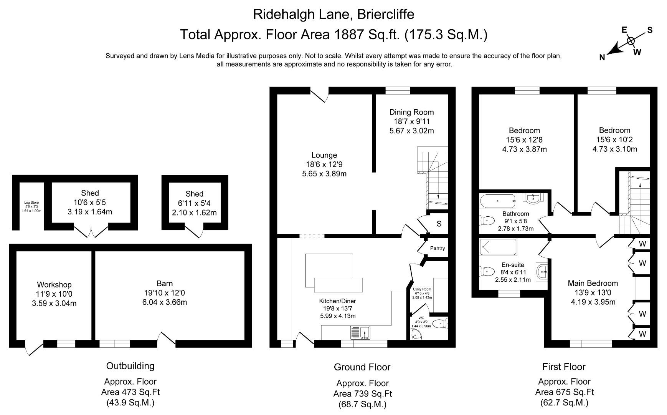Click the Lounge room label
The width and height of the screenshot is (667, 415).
click(x=324, y=155)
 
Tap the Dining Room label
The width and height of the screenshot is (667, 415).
click(x=411, y=112)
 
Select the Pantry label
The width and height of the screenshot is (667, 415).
click(x=437, y=248)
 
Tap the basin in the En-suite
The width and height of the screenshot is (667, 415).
click(x=542, y=271)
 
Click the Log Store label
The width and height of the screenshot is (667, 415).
click(x=31, y=203)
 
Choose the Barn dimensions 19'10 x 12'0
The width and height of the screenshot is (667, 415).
click(x=165, y=293)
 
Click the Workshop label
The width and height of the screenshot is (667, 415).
click(x=54, y=285)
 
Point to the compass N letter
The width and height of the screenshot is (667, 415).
click(x=602, y=58)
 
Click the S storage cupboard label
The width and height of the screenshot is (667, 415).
click(x=439, y=224)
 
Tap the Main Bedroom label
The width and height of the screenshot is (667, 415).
click(x=593, y=283)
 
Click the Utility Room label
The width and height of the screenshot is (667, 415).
click(x=422, y=289)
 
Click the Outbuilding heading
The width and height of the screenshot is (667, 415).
click(x=130, y=366)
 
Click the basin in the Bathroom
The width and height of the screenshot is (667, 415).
click(x=533, y=198)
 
